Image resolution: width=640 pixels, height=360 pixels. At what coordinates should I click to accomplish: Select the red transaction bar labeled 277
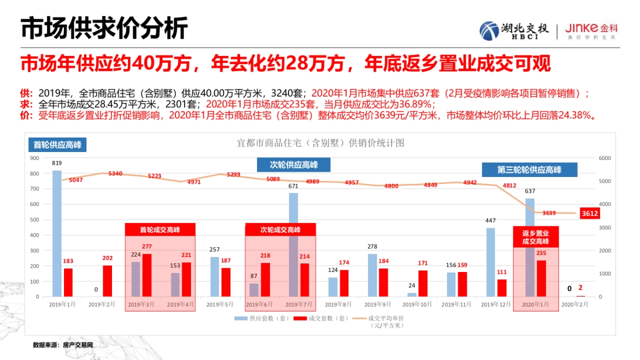point(147,275)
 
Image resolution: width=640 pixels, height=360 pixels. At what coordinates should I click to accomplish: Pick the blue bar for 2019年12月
point(490,262)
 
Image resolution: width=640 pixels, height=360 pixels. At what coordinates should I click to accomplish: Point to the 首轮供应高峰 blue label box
point(58,145)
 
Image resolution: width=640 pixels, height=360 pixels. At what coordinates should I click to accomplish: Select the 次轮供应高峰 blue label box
point(294,165)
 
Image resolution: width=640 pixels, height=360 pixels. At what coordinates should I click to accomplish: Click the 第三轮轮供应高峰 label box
point(530,170)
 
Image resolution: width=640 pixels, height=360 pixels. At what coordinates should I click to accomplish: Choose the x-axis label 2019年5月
point(220,305)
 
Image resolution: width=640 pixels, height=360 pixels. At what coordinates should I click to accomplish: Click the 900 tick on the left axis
point(35,158)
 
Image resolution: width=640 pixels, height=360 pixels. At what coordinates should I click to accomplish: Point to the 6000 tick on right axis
point(605,158)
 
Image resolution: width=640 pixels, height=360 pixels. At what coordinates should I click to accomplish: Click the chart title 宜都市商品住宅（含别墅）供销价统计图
point(321,143)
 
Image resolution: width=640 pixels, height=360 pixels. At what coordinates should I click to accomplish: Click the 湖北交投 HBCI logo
point(513,30)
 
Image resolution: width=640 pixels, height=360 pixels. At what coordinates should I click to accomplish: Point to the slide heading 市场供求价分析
point(104,28)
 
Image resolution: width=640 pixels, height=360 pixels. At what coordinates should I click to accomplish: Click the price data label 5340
point(115,174)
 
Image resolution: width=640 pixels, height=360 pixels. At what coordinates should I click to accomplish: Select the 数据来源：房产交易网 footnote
point(63,345)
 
